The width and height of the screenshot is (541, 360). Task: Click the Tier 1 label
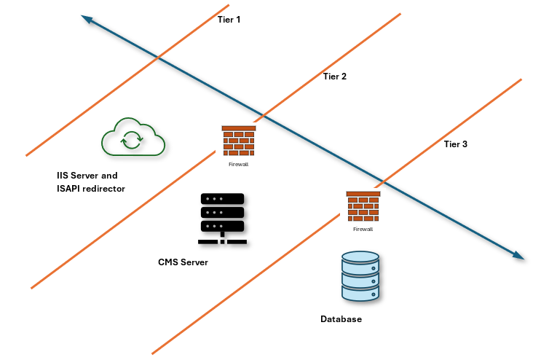point(229,20)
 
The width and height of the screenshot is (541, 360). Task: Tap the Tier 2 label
point(334,77)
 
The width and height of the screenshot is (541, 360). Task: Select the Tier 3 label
point(455,144)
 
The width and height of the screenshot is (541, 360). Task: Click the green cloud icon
point(133,137)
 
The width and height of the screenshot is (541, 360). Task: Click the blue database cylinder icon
point(360,276)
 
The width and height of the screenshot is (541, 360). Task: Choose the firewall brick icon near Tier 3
point(363,206)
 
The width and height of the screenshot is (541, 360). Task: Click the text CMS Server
point(183,262)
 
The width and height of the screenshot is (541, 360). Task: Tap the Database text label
point(341,319)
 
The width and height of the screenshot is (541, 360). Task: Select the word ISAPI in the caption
point(71,189)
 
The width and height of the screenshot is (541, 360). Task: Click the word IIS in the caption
point(63,176)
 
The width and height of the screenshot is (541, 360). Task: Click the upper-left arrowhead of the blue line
point(85,20)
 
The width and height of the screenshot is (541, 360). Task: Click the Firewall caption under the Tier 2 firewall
point(239,164)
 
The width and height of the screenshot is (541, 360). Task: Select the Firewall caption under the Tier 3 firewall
point(363,229)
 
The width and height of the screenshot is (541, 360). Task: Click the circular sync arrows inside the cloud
point(132,138)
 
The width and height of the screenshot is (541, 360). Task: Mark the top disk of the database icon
point(360,257)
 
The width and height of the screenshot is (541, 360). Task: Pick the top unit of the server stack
point(221,199)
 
